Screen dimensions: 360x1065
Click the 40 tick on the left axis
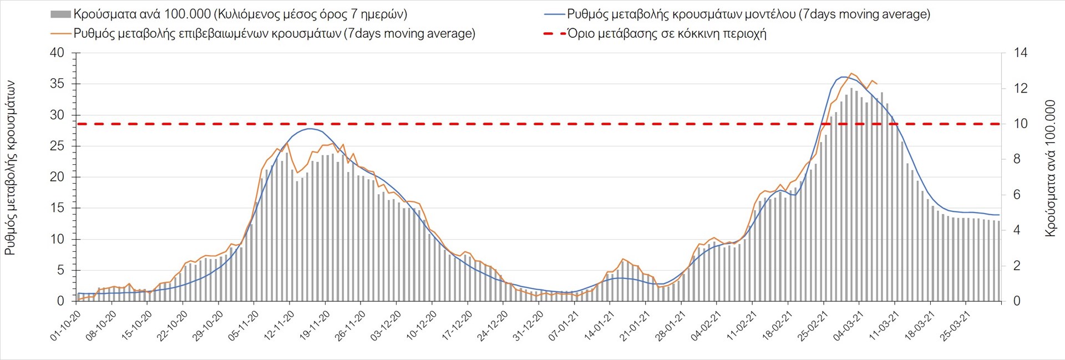pyautogui.click(x=57, y=53)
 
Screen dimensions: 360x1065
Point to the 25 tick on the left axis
pyautogui.click(x=57, y=146)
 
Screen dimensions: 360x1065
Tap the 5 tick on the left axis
pyautogui.click(x=61, y=271)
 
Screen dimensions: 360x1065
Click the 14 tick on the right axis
pyautogui.click(x=1021, y=53)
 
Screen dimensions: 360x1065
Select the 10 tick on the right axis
pyautogui.click(x=1021, y=124)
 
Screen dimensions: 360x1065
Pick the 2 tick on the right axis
pyautogui.click(x=1017, y=266)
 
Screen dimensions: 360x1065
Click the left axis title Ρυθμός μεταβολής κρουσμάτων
pyautogui.click(x=10, y=168)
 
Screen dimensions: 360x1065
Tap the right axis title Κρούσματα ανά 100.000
pyautogui.click(x=1050, y=168)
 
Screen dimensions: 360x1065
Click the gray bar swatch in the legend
pyautogui.click(x=60, y=14)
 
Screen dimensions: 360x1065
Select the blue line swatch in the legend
pyautogui.click(x=554, y=14)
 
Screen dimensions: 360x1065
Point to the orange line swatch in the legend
pyautogui.click(x=60, y=33)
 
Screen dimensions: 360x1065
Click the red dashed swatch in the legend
pyautogui.click(x=554, y=33)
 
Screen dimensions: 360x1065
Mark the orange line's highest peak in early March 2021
pyautogui.click(x=852, y=73)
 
